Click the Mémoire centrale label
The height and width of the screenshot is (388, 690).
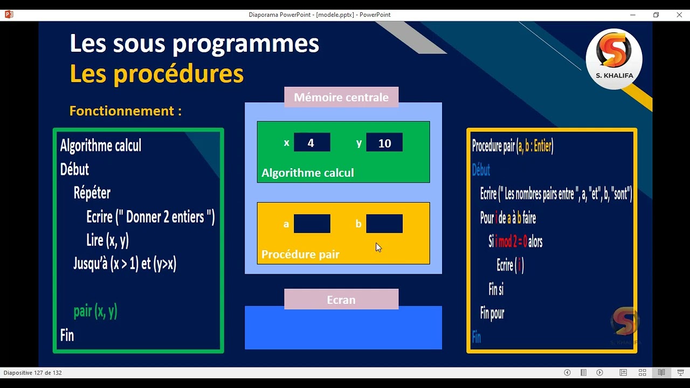click(341, 98)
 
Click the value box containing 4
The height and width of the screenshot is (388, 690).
click(312, 143)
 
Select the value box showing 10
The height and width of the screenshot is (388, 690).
click(384, 143)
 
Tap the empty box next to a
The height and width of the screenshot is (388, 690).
click(312, 224)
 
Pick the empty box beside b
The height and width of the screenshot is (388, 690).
click(384, 224)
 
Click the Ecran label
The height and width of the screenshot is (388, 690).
click(341, 300)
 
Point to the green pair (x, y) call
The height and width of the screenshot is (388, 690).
click(95, 311)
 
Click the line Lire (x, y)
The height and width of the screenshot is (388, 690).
click(107, 240)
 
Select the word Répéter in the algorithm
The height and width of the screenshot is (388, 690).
click(92, 193)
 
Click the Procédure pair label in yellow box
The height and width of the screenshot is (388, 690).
click(300, 254)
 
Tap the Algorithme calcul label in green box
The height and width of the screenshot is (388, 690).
click(307, 173)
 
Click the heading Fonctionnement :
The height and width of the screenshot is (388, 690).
click(125, 111)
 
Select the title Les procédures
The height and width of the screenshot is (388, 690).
click(156, 74)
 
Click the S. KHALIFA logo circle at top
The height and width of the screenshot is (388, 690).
click(614, 58)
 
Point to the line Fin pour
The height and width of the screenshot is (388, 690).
click(492, 313)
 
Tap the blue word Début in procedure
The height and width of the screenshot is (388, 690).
click(481, 170)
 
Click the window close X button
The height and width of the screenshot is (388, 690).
click(679, 15)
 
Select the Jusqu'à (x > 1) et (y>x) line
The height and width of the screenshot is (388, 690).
click(125, 264)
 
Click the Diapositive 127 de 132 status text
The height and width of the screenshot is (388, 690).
click(32, 372)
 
